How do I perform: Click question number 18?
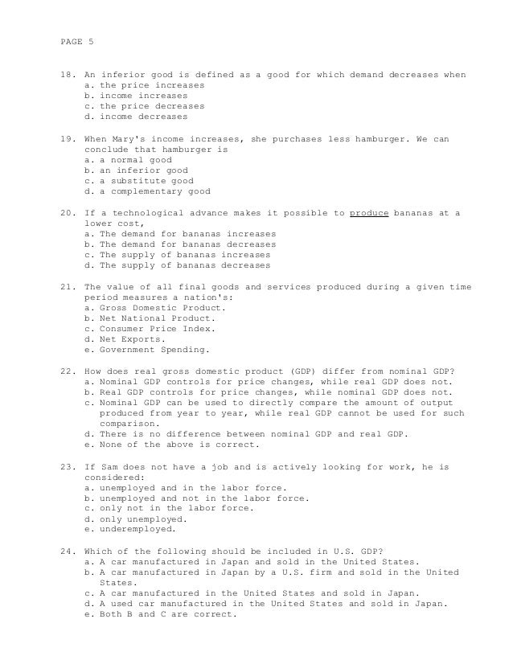coord(68,75)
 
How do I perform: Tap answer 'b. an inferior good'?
coord(135,170)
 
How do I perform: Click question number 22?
coord(68,371)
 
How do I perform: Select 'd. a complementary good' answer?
coord(147,191)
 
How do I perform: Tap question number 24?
coord(68,551)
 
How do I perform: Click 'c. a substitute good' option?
coord(137,181)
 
